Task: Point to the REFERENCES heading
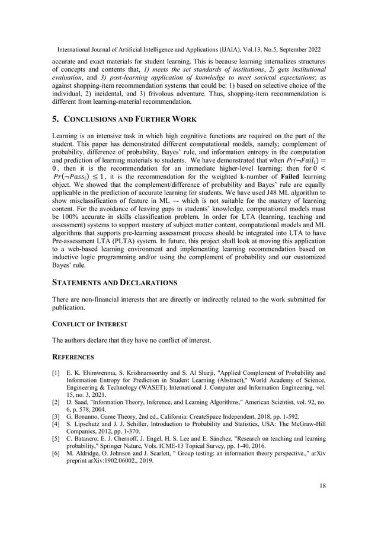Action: (74, 358)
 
